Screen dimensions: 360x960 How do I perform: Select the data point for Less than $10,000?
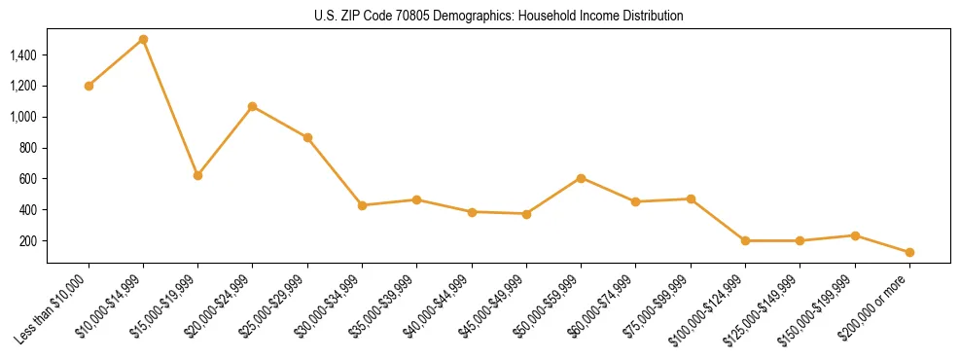coord(89,86)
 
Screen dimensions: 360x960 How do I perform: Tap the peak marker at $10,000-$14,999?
coord(143,39)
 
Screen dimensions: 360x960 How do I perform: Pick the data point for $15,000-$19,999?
coord(197,175)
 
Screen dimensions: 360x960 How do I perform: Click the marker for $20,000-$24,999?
coord(253,106)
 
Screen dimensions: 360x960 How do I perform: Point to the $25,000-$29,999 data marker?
coord(307,137)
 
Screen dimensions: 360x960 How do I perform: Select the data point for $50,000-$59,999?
coord(581,178)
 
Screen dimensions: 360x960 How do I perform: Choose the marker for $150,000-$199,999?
coord(855,235)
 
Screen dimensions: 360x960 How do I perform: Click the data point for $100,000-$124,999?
coord(745,240)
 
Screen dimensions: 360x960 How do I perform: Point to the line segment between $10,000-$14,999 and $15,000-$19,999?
coord(170,107)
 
